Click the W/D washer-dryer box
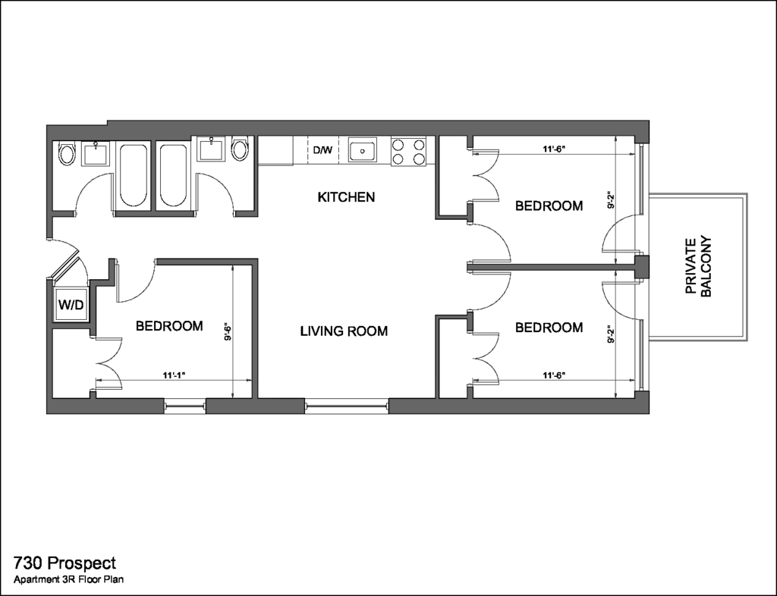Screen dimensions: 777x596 71,304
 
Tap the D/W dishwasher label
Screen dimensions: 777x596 322,150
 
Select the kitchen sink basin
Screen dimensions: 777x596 362,149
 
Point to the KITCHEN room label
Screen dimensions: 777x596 346,197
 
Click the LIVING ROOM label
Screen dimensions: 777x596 344,331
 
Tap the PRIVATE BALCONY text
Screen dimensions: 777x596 699,267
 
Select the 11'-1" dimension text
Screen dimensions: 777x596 174,375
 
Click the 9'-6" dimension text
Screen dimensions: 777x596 228,331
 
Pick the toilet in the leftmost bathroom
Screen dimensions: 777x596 66,153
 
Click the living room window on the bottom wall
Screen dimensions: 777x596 346,406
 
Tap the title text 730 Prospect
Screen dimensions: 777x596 65,563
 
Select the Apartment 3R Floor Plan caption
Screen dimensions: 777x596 68,579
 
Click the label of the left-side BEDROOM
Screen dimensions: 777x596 169,326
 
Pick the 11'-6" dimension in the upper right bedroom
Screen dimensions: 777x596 554,149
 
